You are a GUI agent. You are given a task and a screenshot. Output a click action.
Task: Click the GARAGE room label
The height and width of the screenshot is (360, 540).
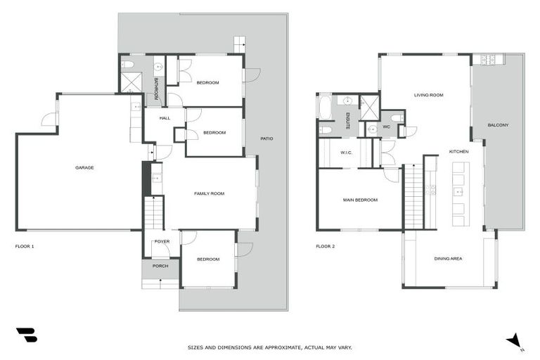[84, 167]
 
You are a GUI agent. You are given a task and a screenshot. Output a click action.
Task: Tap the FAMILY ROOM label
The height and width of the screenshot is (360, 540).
[209, 193]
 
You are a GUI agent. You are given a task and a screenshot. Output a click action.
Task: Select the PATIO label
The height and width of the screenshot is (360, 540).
[266, 139]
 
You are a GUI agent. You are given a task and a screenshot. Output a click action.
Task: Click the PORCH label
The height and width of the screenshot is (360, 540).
[160, 266]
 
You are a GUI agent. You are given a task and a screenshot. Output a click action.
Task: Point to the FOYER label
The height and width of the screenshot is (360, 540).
[162, 241]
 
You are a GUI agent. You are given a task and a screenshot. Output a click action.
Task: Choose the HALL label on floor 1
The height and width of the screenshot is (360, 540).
[165, 118]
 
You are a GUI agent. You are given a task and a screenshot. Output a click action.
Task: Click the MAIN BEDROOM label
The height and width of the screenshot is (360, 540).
[360, 200]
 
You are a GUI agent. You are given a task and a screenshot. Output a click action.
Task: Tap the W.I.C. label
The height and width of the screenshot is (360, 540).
[346, 152]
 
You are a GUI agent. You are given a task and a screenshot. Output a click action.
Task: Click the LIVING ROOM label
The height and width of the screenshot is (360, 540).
[428, 95]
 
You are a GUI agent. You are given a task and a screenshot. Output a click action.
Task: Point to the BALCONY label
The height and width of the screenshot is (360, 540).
[498, 125]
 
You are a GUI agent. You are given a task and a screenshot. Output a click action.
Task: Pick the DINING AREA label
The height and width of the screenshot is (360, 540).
[448, 259]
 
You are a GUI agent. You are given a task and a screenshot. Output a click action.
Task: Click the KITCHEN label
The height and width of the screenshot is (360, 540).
[459, 151]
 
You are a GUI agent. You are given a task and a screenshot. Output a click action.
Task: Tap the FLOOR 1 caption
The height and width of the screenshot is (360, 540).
[25, 247]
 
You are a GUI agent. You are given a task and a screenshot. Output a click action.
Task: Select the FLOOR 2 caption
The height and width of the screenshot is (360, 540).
[326, 247]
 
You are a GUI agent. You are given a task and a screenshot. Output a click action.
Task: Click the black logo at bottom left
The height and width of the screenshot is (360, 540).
[26, 335]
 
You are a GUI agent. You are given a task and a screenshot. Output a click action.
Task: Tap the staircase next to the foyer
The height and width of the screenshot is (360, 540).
[153, 213]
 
